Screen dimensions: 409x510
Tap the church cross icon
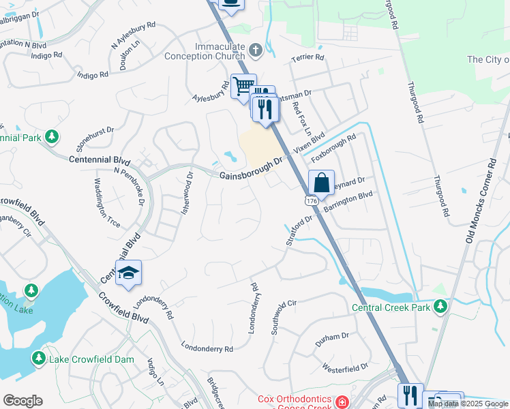coord(256,50)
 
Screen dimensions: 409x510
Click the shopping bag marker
coord(321,183)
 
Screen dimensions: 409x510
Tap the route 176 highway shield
coord(311,202)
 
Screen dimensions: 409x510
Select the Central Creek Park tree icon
coord(440,307)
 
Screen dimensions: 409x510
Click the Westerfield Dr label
coord(345,369)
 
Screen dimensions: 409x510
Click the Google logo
coord(23,401)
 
